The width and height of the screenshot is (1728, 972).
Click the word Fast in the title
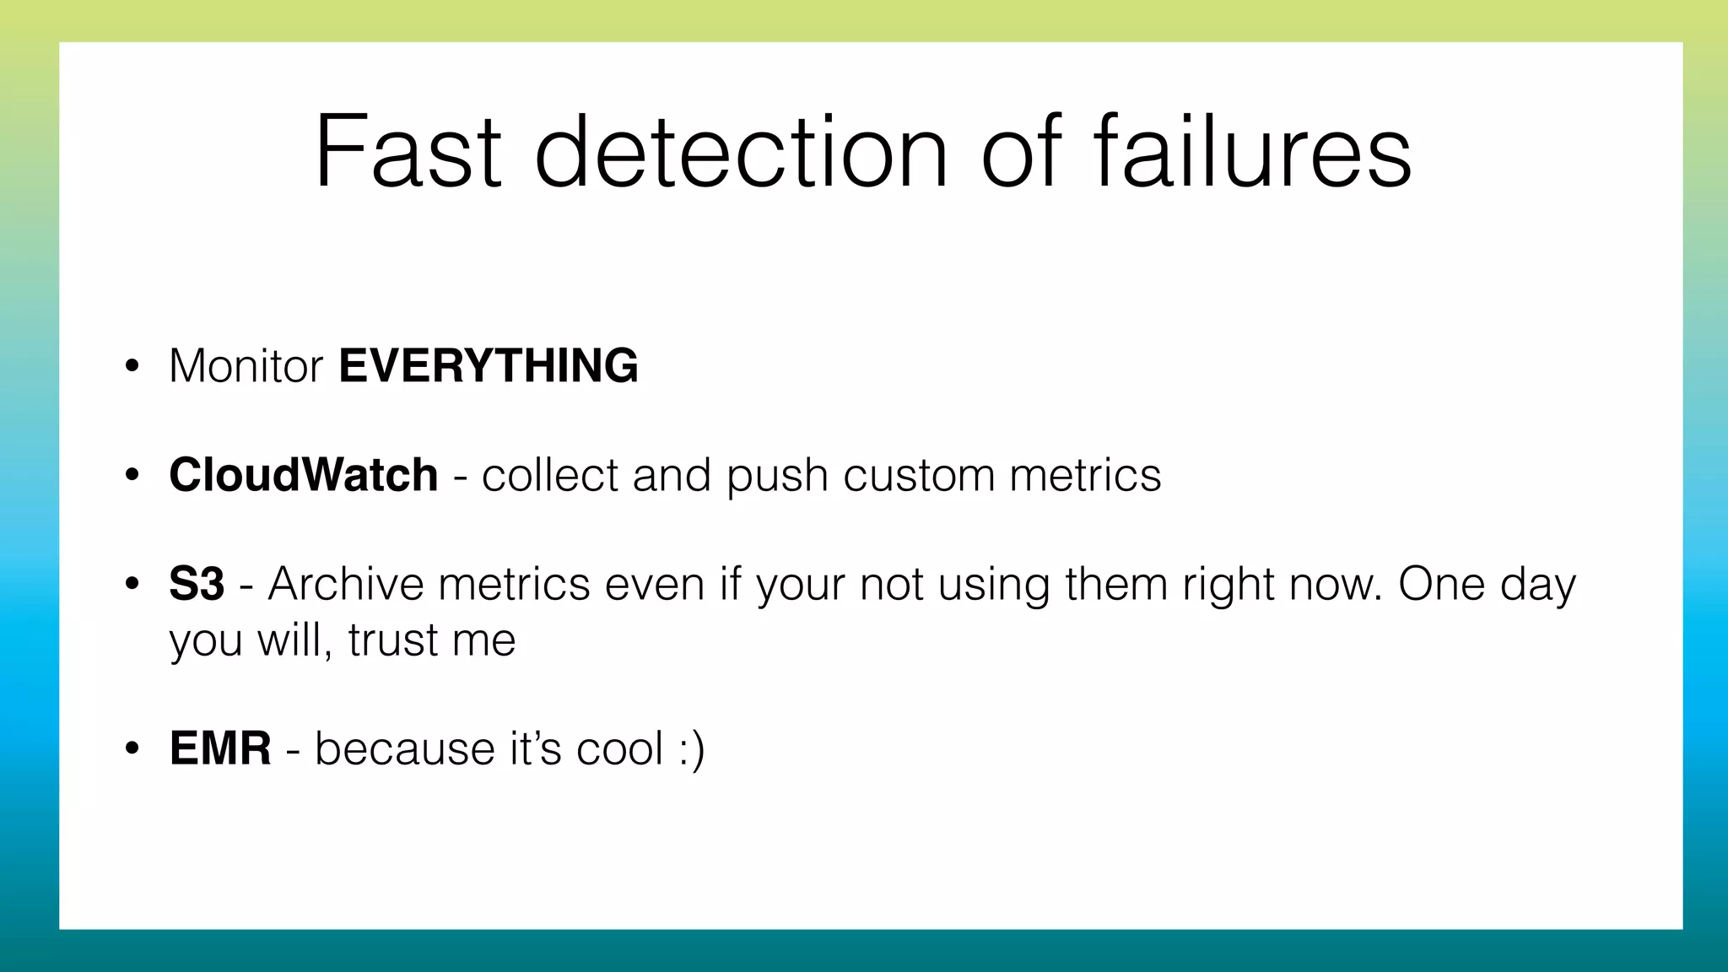(408, 153)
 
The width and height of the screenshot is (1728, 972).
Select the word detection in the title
(742, 153)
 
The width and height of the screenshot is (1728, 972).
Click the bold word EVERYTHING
(489, 366)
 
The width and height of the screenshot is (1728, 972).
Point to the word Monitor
(246, 366)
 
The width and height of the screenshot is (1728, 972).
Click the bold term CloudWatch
(303, 475)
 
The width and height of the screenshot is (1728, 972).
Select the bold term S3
(197, 584)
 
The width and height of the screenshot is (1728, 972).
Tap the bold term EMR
(220, 748)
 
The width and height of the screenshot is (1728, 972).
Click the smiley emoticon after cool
(691, 748)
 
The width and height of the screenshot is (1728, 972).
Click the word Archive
(345, 584)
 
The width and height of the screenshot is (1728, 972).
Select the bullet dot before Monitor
(131, 367)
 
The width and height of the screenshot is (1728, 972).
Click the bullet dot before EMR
(131, 749)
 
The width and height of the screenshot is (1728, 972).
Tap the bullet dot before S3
(131, 585)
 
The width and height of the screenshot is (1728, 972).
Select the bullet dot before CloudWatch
(131, 476)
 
